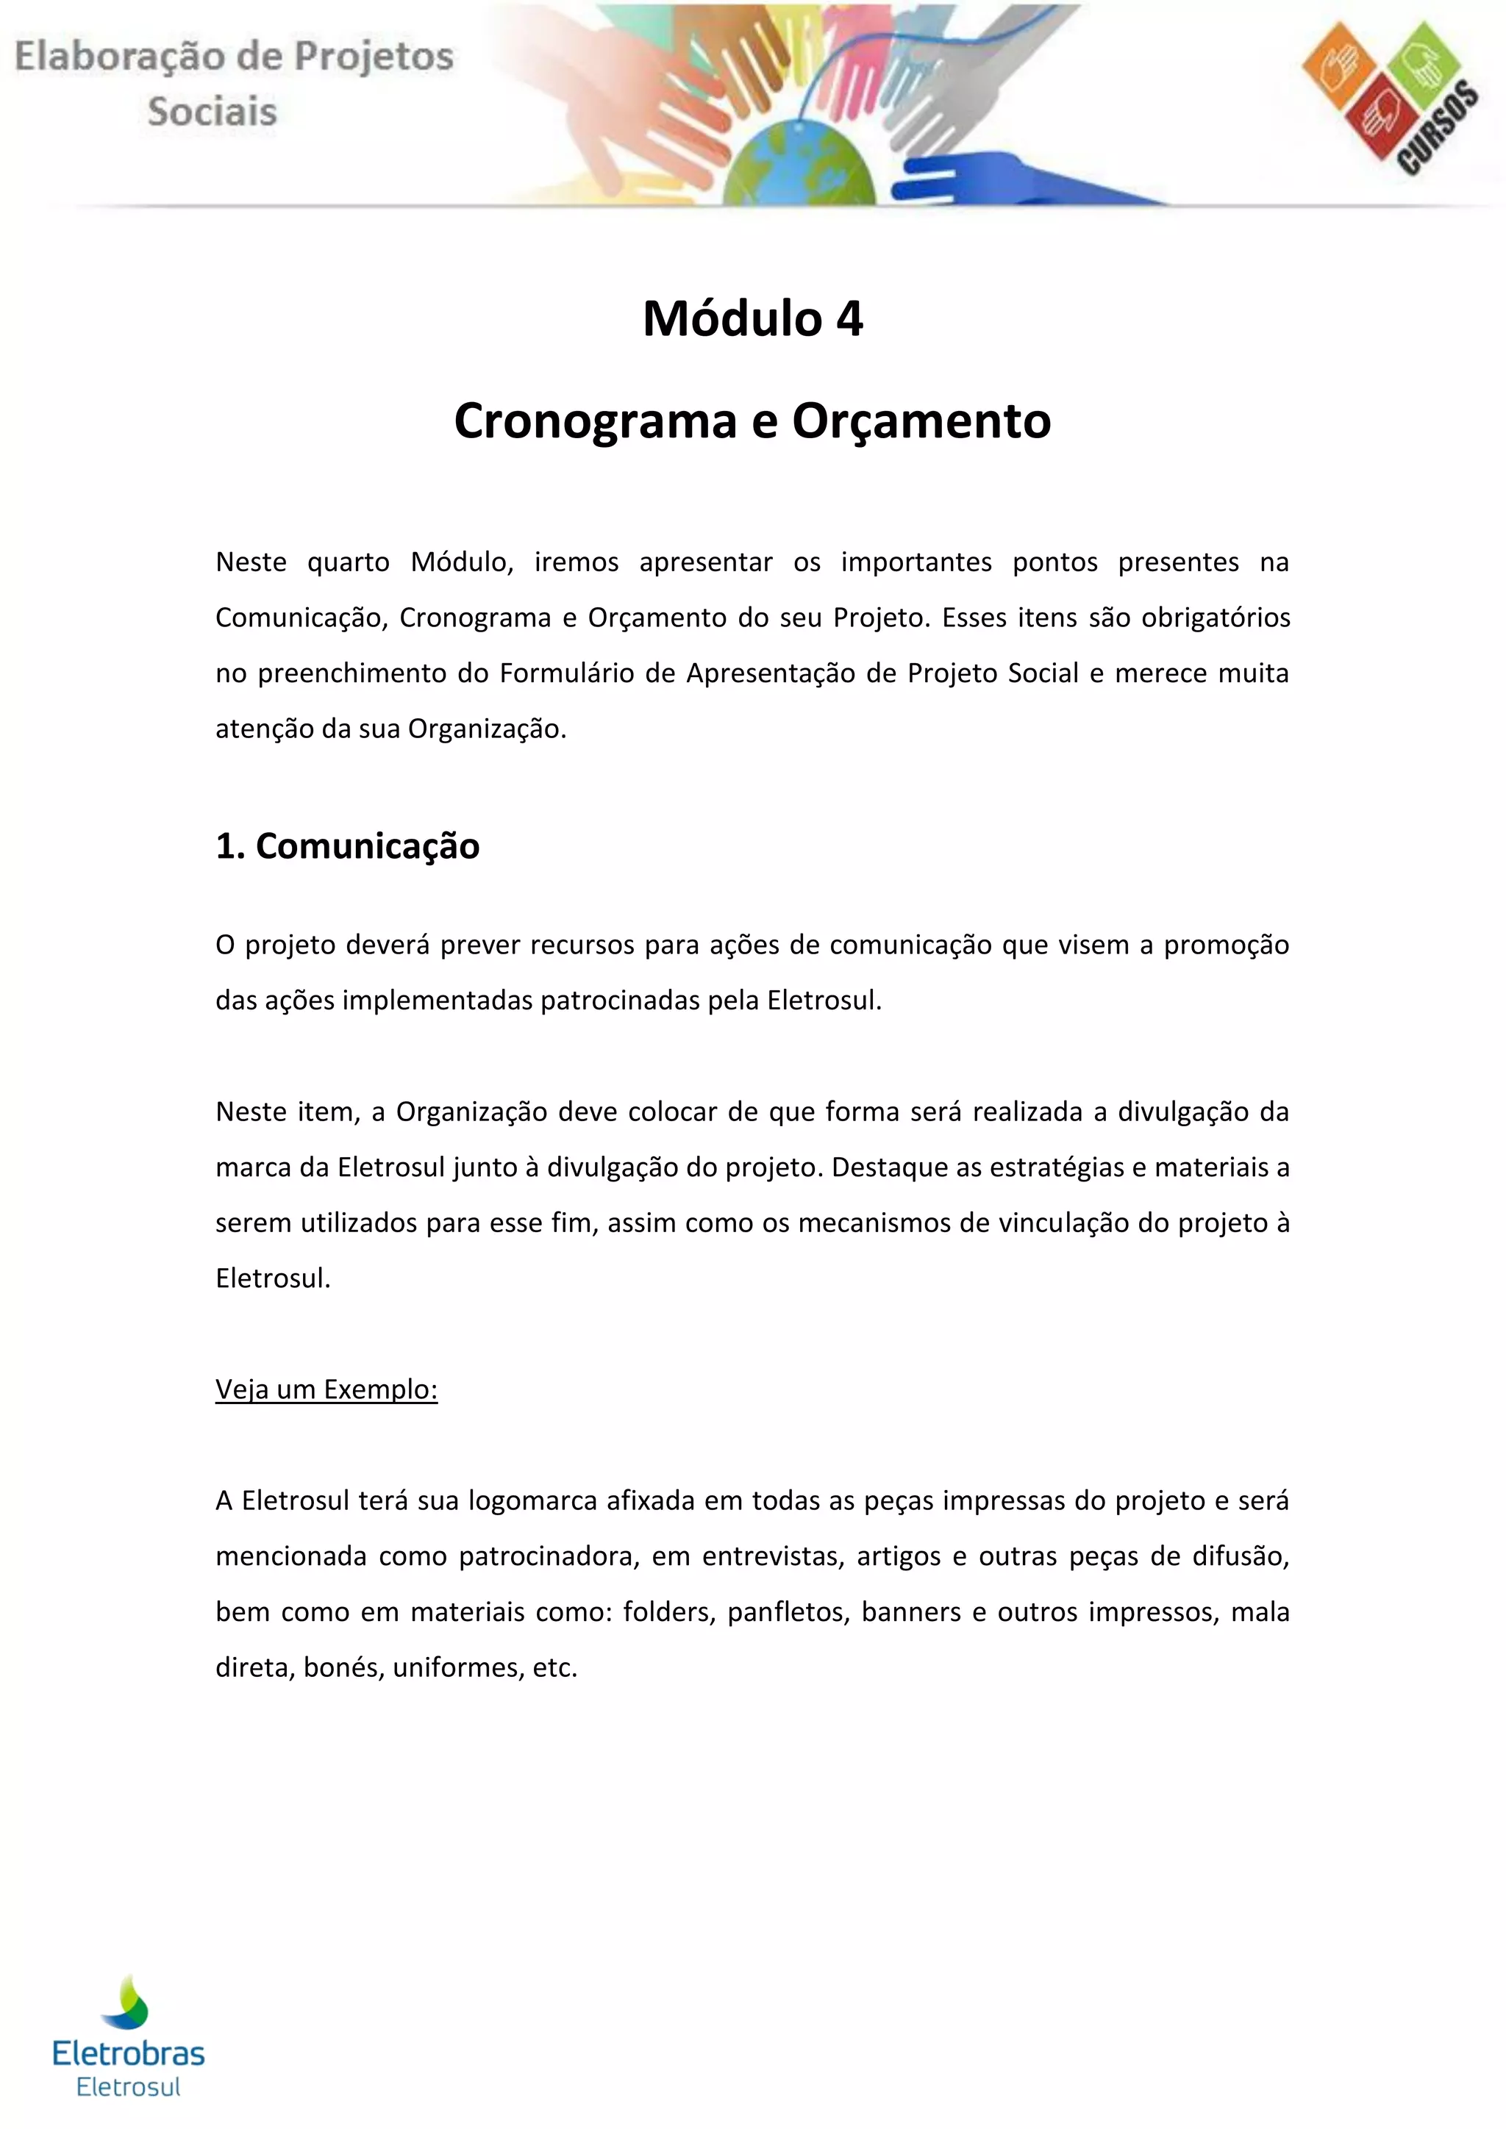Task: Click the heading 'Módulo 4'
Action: pyautogui.click(x=752, y=319)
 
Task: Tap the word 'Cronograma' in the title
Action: pyautogui.click(x=594, y=421)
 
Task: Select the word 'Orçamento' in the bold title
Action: pyautogui.click(x=921, y=421)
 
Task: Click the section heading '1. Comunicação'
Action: pyautogui.click(x=347, y=845)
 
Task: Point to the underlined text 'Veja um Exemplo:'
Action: pyautogui.click(x=326, y=1389)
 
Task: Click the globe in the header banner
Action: pyautogui.click(x=799, y=165)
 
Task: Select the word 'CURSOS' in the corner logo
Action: pyautogui.click(x=1438, y=128)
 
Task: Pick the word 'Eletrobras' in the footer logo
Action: pyautogui.click(x=129, y=2053)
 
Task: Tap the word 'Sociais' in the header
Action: pyautogui.click(x=213, y=111)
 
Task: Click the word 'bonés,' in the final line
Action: pyautogui.click(x=343, y=1667)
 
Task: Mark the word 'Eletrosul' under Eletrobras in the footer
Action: pyautogui.click(x=128, y=2087)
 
